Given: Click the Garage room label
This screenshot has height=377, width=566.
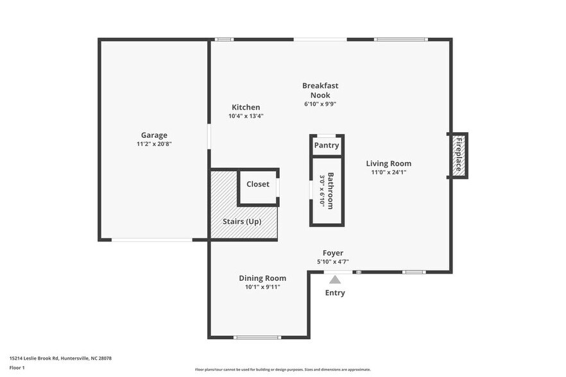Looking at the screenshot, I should coord(154,135).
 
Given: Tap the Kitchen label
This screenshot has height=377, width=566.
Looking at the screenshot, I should coord(246,107).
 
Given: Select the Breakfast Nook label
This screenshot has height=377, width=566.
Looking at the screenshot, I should coord(320,90).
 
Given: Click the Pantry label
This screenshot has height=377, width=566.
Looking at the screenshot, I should coord(327,146).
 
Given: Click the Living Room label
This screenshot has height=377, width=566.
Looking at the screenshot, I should coord(389,163).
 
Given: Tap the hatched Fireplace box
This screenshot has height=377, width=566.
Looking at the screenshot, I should coord(458,155).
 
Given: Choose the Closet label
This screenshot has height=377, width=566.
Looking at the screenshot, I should coord(258,184).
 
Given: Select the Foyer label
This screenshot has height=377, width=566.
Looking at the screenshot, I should coord(332,253).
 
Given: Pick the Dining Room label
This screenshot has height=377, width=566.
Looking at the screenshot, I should coord(262,278).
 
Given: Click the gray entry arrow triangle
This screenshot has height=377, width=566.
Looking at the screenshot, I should coord(334,279).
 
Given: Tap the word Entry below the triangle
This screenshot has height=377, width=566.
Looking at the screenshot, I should coord(334,293).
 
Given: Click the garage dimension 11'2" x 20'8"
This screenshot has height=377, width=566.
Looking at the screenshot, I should coord(154,144).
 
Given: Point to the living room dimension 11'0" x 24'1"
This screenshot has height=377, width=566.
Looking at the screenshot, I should coord(389,172).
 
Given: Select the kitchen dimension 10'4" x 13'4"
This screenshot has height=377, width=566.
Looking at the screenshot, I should coord(246,116).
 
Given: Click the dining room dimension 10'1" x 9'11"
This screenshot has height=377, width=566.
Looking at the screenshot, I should coord(262,287).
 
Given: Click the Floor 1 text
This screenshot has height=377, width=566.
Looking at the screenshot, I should coord(17,367).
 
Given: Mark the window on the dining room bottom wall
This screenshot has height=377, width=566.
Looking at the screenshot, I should coord(257,337).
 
